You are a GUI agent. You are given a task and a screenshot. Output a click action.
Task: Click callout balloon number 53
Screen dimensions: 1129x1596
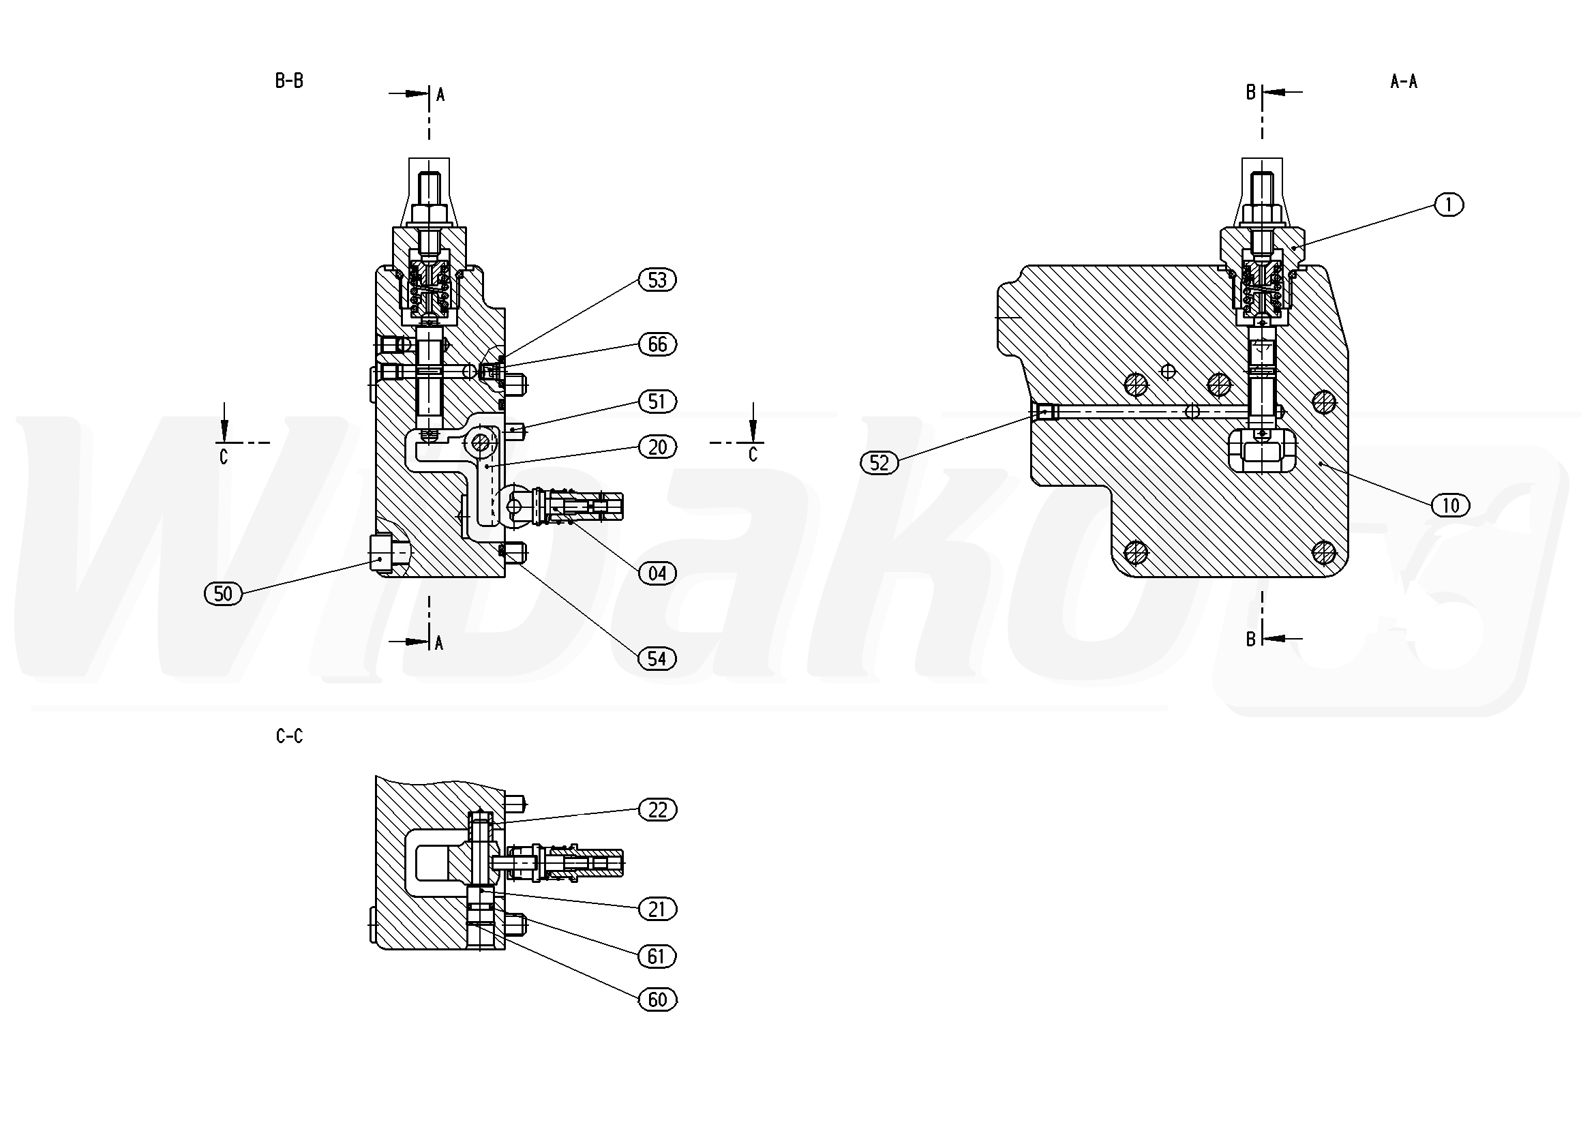(657, 280)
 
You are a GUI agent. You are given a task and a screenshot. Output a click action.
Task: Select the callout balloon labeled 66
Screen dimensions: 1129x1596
(657, 344)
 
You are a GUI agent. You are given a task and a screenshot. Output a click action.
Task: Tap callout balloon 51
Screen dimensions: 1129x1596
(657, 402)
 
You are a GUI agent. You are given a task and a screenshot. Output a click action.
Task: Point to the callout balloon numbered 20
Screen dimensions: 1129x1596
(657, 447)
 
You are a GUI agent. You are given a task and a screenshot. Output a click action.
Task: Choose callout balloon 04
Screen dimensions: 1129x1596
(657, 573)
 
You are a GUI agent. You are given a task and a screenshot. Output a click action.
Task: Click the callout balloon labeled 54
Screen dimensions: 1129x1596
(657, 659)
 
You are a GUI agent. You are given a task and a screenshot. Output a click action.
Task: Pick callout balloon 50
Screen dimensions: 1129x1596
(223, 594)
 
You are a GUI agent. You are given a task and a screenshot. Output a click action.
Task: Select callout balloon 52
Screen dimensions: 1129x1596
(879, 463)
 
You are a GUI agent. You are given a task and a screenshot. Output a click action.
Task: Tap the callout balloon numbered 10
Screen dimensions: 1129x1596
(1451, 505)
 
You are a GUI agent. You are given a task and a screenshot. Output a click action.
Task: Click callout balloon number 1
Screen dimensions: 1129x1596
(1449, 205)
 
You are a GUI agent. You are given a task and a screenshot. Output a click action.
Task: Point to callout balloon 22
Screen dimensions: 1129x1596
(657, 810)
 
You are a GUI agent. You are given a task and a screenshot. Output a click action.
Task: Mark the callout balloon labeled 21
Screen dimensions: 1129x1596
(657, 909)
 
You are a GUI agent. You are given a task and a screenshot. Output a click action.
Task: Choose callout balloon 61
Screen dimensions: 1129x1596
(657, 957)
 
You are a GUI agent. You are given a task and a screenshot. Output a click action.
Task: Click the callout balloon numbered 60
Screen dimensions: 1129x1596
(657, 999)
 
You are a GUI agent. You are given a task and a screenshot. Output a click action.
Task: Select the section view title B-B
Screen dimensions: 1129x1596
(289, 81)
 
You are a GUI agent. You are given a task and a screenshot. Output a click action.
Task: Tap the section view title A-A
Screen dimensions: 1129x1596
(1404, 82)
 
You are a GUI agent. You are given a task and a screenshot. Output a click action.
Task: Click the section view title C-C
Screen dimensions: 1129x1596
(289, 736)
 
